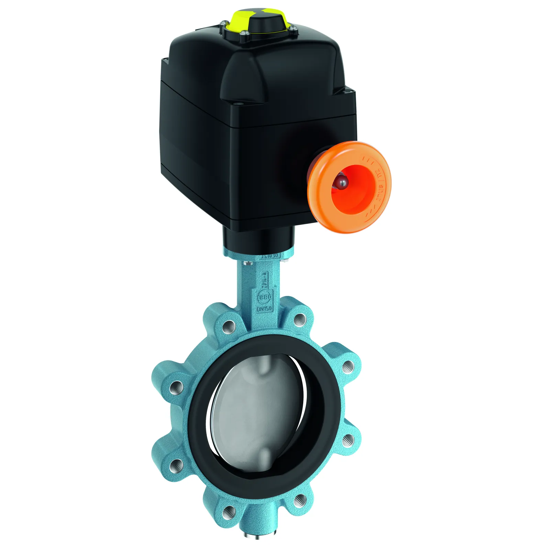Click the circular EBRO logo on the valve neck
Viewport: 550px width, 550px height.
264,297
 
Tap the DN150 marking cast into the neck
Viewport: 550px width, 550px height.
264,308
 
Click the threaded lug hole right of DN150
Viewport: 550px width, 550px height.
299,320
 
